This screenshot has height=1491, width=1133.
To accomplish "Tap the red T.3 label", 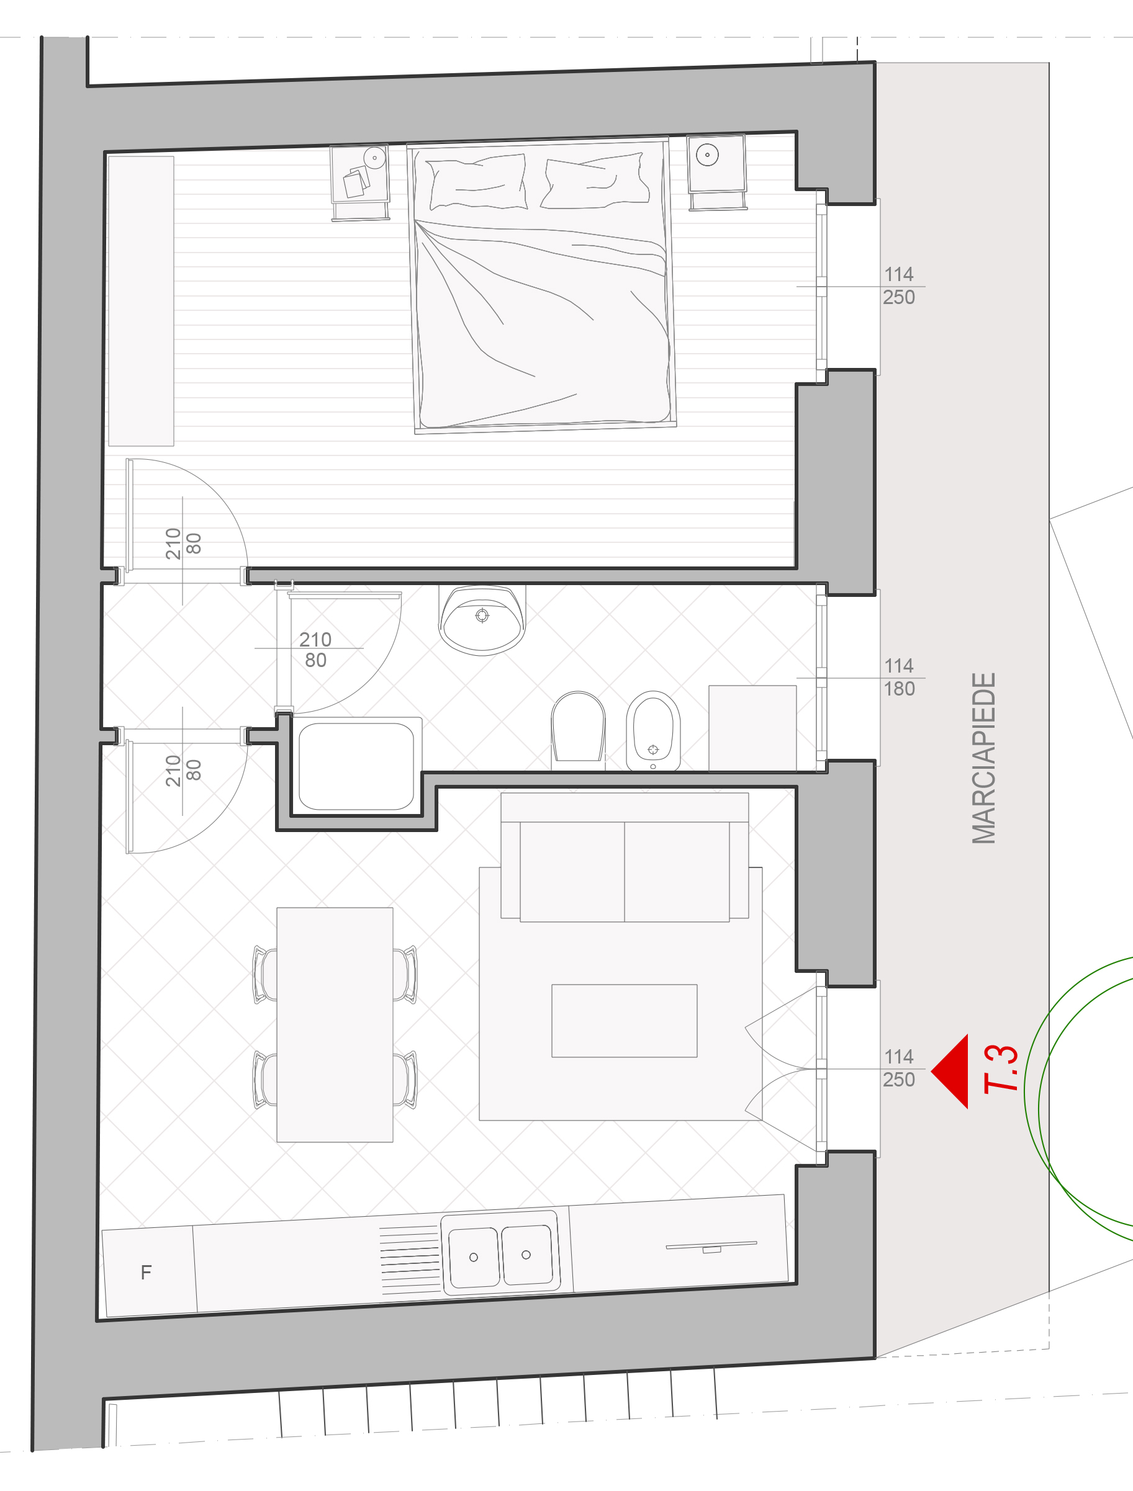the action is [1001, 1069].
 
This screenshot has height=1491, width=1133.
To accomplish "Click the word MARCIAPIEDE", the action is [984, 758].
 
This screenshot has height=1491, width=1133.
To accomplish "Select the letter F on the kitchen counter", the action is [147, 1272].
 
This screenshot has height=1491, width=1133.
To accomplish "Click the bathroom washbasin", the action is [482, 619].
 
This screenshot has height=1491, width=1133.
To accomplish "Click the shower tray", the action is [356, 766].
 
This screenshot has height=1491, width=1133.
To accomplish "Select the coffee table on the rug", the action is [625, 1021].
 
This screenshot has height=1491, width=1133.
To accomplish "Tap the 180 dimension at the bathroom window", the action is [900, 689].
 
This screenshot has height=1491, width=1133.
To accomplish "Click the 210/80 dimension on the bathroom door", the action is [315, 649].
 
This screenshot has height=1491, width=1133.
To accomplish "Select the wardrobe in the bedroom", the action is [141, 301].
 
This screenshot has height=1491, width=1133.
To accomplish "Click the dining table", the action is [335, 1024].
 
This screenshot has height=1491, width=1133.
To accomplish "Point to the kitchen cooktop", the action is [711, 1247].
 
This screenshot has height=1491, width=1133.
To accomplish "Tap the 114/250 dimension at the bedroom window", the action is [899, 286].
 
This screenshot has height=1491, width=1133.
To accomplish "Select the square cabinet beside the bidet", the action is [752, 728].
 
